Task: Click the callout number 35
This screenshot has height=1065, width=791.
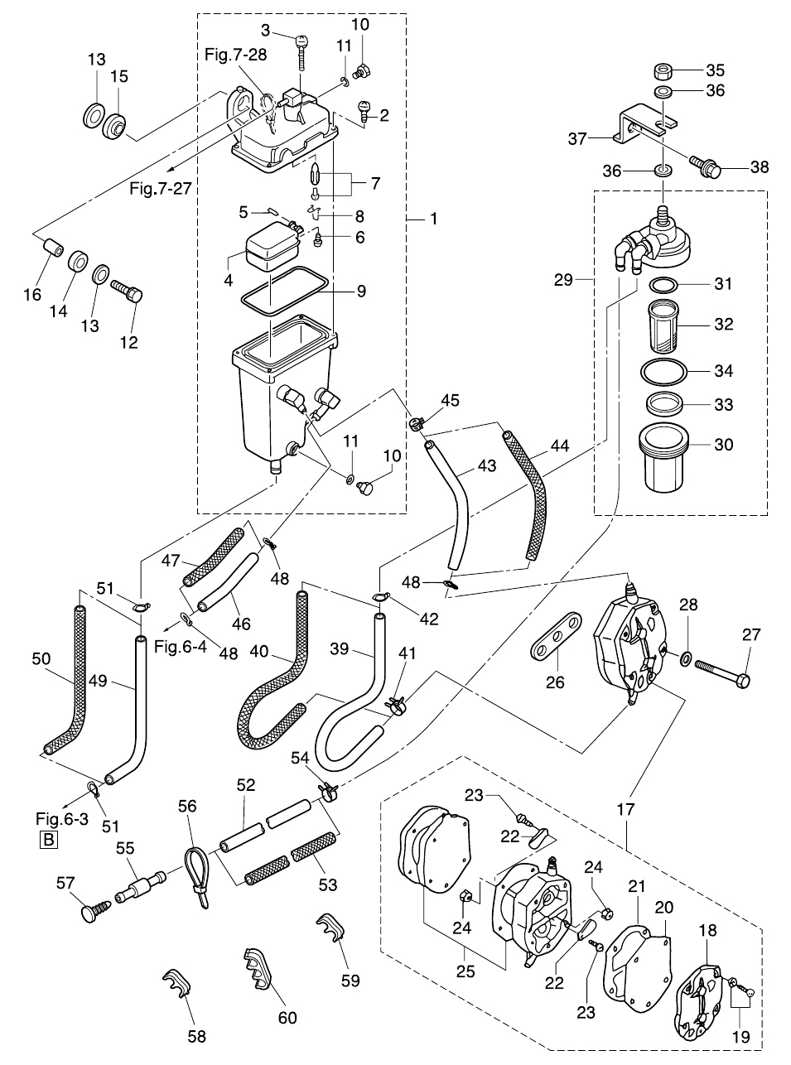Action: point(715,70)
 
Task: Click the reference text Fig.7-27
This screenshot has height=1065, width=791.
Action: point(160,188)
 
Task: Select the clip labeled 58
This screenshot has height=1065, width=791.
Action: point(178,982)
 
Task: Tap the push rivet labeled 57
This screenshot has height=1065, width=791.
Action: point(86,913)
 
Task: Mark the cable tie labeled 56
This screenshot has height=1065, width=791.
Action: point(195,869)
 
